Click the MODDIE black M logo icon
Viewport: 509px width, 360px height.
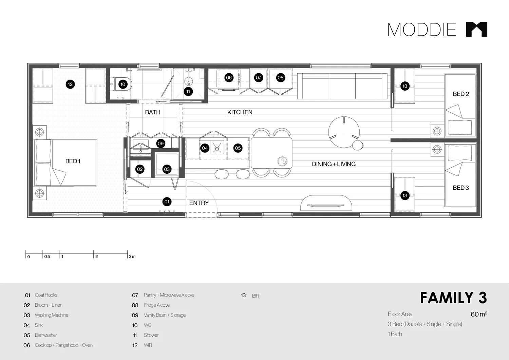(476, 29)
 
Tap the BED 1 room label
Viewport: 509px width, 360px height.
(73, 161)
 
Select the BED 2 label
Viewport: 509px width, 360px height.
(460, 94)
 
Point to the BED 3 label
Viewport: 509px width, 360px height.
(460, 188)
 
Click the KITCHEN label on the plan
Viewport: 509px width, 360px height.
(240, 112)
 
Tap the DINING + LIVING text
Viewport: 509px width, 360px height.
(334, 164)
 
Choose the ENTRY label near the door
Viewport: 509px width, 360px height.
(199, 203)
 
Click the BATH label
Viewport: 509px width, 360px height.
(152, 112)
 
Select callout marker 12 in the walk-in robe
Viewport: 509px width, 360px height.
(70, 84)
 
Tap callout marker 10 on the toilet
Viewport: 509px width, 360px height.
(123, 84)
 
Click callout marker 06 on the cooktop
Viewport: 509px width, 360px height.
(229, 78)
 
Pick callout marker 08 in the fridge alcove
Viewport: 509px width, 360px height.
(280, 78)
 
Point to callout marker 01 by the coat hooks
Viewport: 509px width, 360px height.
(167, 202)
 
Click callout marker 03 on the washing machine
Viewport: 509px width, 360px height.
(167, 169)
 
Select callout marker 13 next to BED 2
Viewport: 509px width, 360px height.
(404, 86)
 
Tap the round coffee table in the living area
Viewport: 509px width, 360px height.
(344, 132)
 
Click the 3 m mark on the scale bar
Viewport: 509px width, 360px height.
(132, 257)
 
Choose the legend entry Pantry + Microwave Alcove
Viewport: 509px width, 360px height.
(169, 295)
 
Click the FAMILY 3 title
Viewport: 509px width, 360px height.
(453, 298)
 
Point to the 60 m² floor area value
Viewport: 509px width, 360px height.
(478, 314)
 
